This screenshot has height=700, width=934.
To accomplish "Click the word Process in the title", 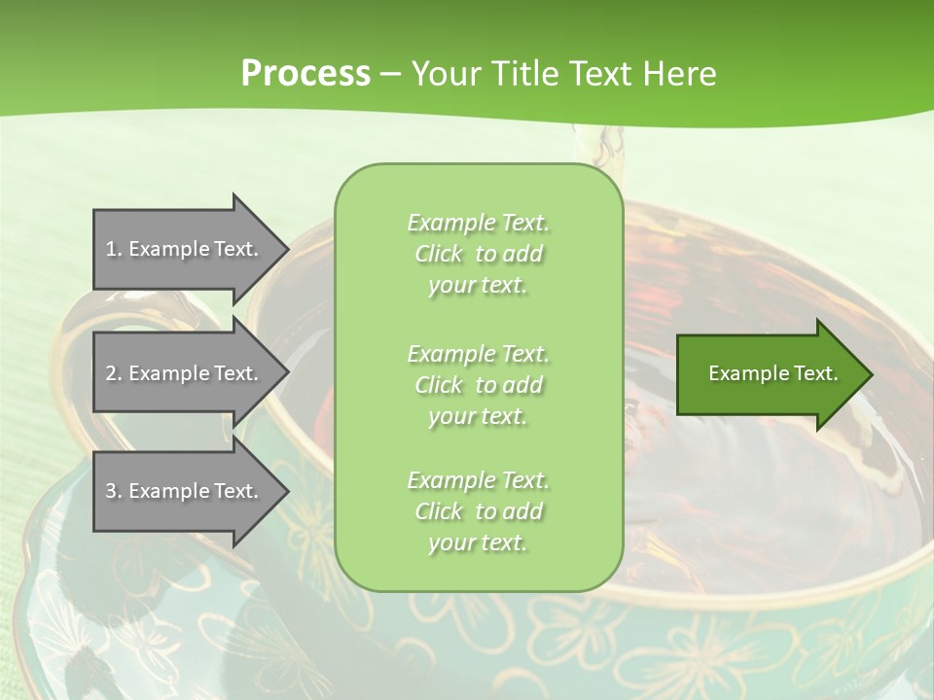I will pos(305,74).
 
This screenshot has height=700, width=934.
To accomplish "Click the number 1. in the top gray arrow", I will pos(114,249).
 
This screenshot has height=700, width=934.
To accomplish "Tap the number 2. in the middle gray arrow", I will pos(114,373).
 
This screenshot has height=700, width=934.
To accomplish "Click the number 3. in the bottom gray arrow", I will pos(114,491).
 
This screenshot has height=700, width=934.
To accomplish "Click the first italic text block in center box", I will pos(478,254).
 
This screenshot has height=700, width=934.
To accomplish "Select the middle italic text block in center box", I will pos(478,384).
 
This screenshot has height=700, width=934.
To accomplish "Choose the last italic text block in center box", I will pos(478,511).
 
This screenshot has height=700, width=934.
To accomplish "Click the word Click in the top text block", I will pos(439,255).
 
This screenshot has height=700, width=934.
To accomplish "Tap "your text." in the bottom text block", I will pos(478,542).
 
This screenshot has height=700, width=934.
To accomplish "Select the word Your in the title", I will pos(443,74).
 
